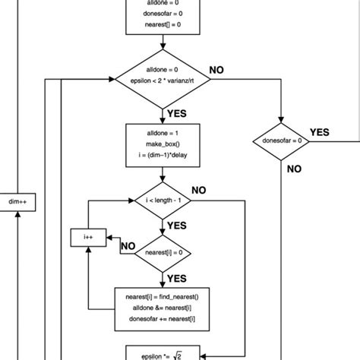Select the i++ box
coord(87,238)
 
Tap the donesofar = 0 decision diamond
coord(281,141)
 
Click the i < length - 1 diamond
coord(164,201)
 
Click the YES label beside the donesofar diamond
coord(320,132)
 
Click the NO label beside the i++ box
coord(128,247)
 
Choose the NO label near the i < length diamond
coord(201,190)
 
